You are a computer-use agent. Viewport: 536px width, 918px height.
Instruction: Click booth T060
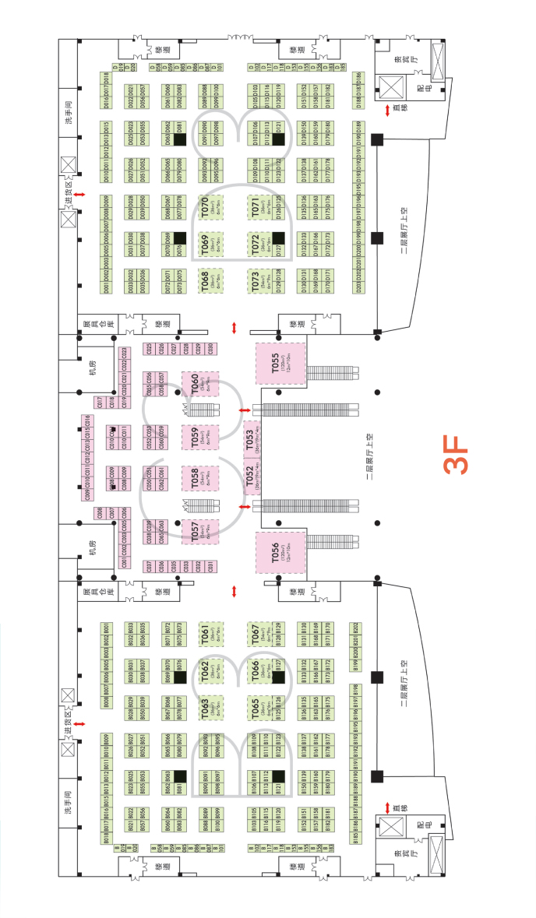pos(199,382)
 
